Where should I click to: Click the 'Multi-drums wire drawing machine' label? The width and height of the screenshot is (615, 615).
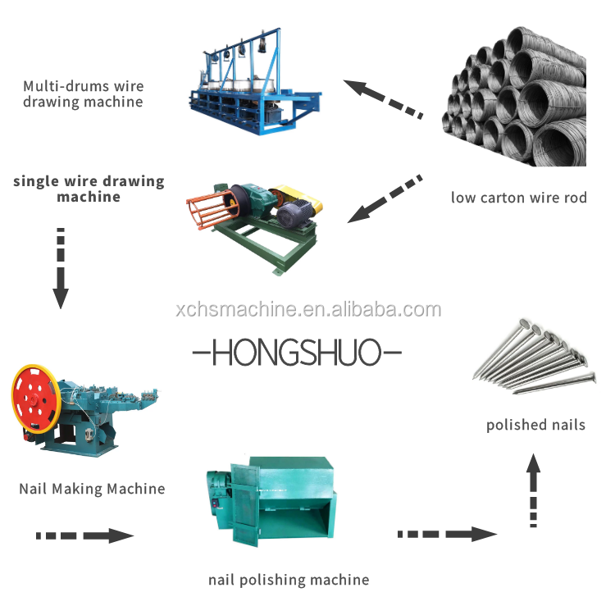[83, 93]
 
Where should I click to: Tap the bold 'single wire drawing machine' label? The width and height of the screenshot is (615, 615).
[89, 189]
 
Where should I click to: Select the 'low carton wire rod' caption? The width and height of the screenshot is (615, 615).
[518, 198]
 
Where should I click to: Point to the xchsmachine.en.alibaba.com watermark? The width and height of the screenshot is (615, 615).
[308, 310]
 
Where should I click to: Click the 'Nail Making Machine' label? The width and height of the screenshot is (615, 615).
[92, 489]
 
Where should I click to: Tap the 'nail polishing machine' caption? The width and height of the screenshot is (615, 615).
[289, 580]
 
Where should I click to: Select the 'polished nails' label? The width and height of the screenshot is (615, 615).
[535, 425]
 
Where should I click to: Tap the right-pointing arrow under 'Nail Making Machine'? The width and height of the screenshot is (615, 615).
[85, 535]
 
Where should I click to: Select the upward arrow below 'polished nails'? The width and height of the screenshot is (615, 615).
[534, 490]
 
